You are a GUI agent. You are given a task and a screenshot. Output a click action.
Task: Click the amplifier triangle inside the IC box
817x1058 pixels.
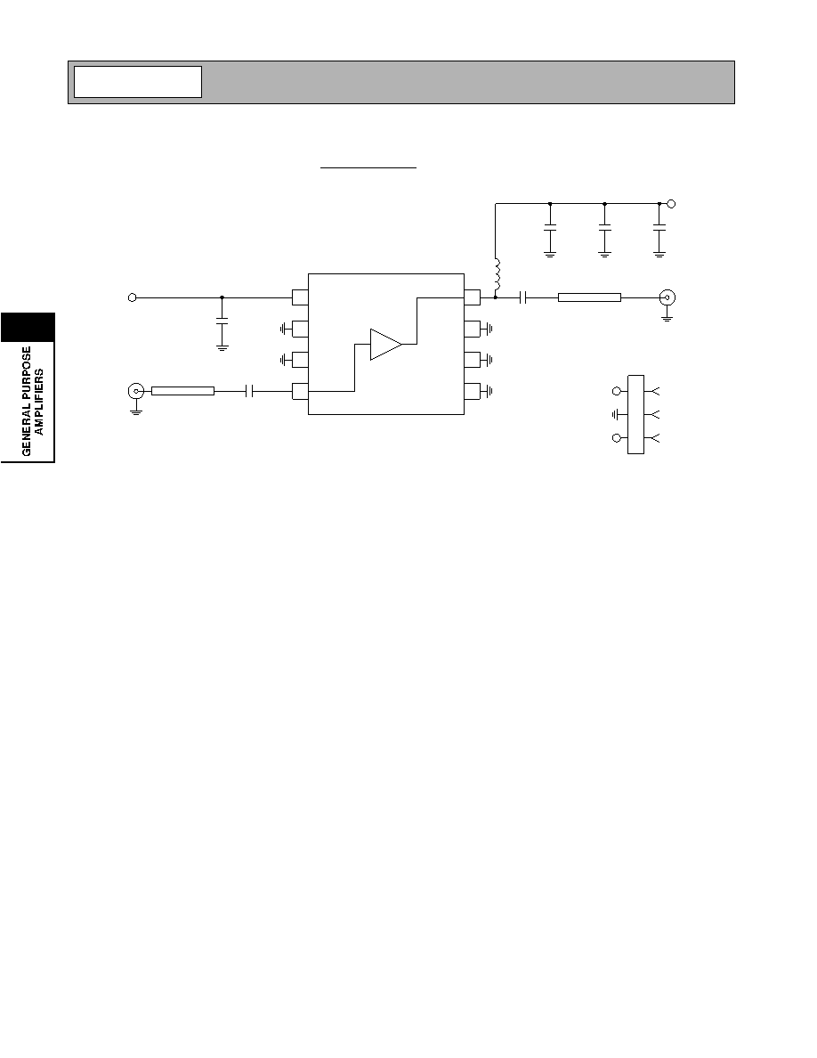point(385,344)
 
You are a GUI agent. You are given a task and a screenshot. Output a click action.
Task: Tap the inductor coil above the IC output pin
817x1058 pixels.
point(497,276)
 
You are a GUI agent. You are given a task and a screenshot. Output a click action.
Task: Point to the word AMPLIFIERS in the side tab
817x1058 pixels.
point(39,402)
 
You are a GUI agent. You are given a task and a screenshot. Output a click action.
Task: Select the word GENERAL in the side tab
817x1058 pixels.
point(27,432)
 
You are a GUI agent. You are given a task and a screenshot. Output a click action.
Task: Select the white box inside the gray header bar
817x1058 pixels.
point(138,82)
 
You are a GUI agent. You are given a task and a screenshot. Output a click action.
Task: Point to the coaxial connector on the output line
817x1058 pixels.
point(667,297)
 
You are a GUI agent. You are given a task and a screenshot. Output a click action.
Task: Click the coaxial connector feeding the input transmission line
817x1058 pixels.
point(136,391)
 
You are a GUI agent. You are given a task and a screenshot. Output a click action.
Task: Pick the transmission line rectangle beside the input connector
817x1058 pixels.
point(182,391)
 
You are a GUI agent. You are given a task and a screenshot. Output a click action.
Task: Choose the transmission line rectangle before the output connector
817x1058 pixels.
point(589,297)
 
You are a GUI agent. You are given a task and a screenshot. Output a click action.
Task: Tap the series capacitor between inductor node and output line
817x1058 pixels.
point(523,297)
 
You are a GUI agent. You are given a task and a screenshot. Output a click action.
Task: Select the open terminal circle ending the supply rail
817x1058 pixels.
point(671,203)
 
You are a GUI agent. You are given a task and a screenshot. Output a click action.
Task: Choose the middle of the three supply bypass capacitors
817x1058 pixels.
point(604,227)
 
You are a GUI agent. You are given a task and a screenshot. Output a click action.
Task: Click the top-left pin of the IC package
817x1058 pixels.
point(300,297)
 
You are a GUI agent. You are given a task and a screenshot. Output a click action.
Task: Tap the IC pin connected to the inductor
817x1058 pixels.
point(472,297)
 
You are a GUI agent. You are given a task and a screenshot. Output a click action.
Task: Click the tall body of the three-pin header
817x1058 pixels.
point(635,414)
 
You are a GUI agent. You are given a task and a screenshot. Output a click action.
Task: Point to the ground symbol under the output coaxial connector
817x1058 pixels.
point(667,316)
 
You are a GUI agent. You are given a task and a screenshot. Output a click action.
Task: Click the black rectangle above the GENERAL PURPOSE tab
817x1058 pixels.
point(28,327)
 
